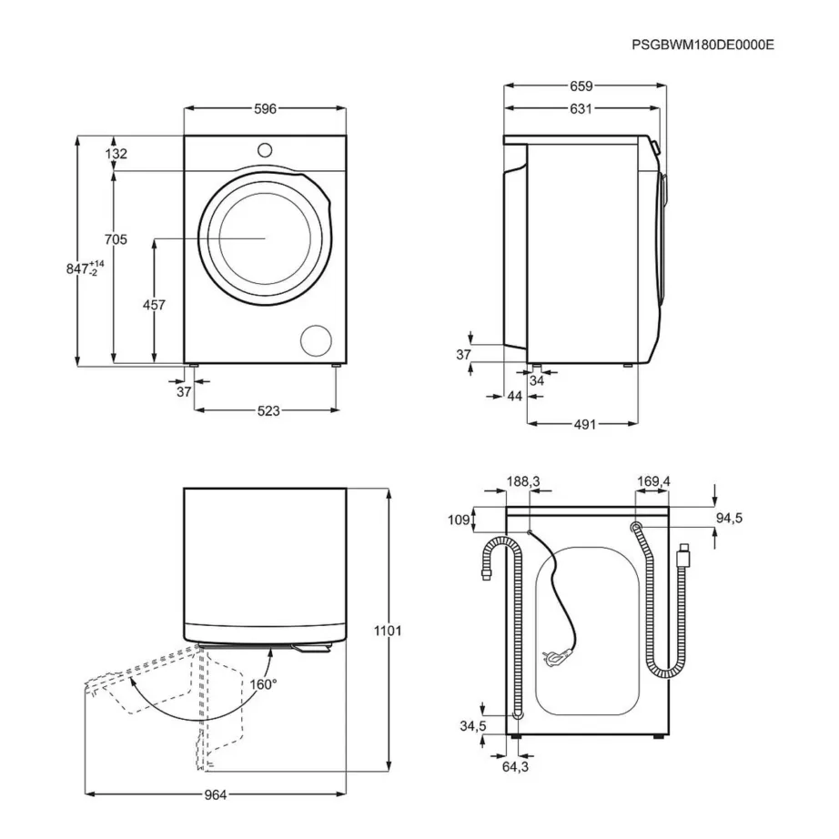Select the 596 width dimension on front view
click(x=265, y=109)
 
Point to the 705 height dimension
click(x=115, y=239)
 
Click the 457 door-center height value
click(x=154, y=306)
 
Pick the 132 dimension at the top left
click(x=116, y=155)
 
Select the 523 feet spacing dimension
click(x=267, y=410)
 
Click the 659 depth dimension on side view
click(x=581, y=86)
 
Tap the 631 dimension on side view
click(x=581, y=109)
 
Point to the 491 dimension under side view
click(x=583, y=424)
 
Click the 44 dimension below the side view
click(x=514, y=397)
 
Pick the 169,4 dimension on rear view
click(x=653, y=481)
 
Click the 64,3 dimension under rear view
click(x=514, y=767)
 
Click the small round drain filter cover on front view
click(x=318, y=339)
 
